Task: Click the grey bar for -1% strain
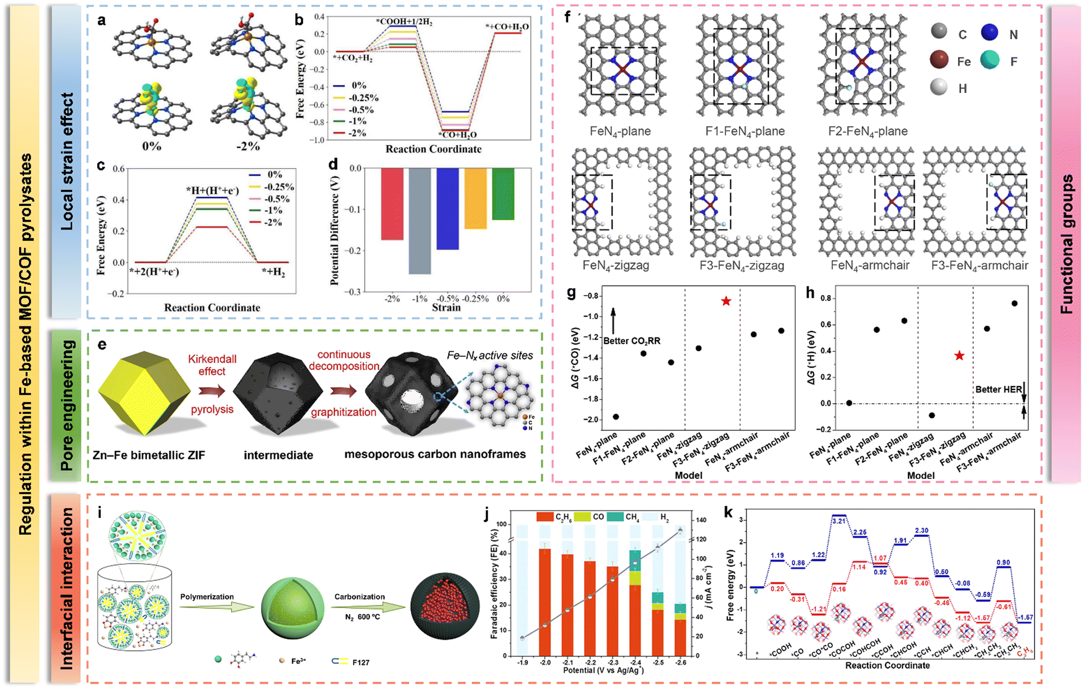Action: click(420, 221)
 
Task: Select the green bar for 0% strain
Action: click(503, 194)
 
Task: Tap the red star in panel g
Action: click(726, 301)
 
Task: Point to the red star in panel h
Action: click(959, 356)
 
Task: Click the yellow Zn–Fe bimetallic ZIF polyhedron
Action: click(143, 392)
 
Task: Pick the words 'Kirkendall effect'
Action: click(212, 365)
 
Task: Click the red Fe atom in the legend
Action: click(939, 59)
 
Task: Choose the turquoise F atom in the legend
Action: click(989, 59)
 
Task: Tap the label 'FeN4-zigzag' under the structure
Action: click(616, 266)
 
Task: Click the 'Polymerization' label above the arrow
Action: click(207, 597)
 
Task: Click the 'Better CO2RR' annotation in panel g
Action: click(631, 341)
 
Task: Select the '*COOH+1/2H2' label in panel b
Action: click(404, 21)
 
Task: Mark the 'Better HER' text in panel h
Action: click(998, 390)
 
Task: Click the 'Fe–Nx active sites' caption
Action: click(490, 356)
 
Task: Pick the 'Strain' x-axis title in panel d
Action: click(446, 308)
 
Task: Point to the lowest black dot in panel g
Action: click(616, 417)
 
